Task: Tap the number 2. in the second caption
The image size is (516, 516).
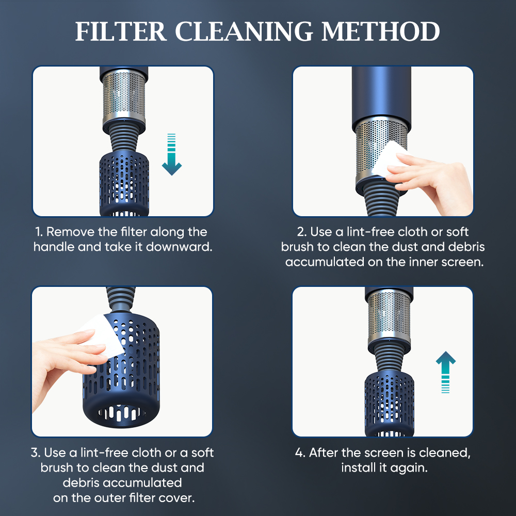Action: tap(303, 232)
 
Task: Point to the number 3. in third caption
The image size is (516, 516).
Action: tap(36, 453)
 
